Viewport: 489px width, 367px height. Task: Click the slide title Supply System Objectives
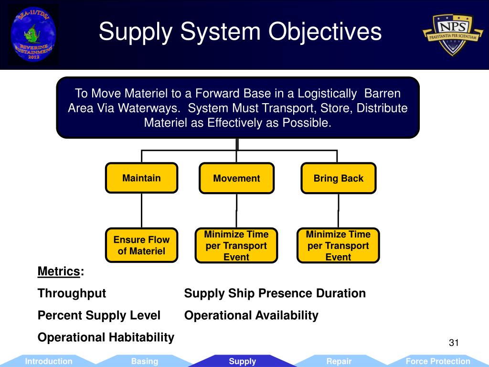(240, 32)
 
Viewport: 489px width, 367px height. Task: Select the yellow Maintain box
(141, 178)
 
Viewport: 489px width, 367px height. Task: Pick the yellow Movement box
(236, 179)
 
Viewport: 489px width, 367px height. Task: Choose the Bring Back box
(338, 179)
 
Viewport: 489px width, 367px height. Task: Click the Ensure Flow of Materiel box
(141, 245)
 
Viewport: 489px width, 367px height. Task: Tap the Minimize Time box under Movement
(236, 246)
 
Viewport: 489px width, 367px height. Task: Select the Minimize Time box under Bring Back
(338, 246)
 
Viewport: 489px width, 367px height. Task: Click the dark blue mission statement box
(238, 108)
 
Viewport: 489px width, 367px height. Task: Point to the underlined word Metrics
(59, 271)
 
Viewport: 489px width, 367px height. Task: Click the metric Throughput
(72, 293)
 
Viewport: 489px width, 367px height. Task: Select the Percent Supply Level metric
(99, 315)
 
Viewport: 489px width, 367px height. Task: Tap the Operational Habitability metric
(106, 337)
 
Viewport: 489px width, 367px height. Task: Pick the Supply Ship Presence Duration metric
(275, 293)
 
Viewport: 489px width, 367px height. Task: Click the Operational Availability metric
(251, 315)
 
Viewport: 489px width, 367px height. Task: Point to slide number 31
(454, 343)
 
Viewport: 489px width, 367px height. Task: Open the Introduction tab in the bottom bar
(49, 361)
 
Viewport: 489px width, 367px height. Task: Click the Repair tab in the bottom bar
(339, 361)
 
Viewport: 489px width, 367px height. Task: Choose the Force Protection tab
(437, 361)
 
